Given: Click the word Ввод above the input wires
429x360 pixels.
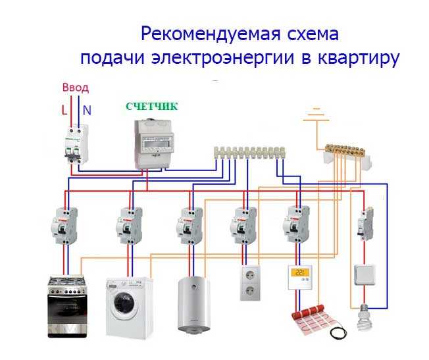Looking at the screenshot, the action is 76,88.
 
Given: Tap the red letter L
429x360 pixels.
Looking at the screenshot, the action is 64,111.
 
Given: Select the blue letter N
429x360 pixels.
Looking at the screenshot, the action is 87,111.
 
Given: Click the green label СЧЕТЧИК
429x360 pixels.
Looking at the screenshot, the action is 152,106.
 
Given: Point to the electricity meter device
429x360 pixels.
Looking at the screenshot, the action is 154,144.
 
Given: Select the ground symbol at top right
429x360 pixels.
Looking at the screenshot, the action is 316,115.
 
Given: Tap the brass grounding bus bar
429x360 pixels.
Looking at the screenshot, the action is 345,149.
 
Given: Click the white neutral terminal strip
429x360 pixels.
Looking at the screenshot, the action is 249,153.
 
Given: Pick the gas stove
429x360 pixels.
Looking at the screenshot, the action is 67,307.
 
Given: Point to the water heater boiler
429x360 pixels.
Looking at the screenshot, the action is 193,304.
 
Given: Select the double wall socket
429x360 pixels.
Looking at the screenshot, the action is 250,283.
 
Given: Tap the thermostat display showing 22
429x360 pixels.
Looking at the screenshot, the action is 300,272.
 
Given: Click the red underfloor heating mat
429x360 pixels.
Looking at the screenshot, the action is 315,319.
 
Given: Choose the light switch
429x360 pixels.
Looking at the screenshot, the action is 365,275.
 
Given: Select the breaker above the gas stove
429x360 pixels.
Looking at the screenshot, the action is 64,226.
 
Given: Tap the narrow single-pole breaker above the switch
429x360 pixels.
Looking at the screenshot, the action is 365,224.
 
